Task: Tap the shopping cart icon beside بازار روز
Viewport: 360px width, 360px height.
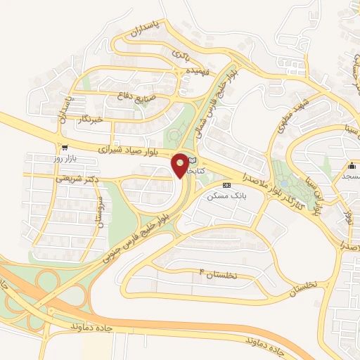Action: click(x=65, y=148)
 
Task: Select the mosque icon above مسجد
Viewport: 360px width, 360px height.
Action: click(x=352, y=165)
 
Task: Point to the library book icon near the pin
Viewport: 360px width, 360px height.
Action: click(x=192, y=162)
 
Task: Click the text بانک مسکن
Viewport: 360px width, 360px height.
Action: click(x=224, y=198)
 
